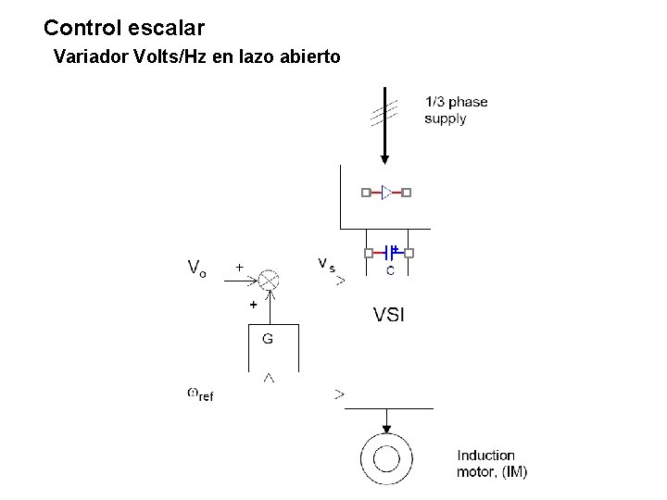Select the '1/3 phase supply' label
[x=456, y=110]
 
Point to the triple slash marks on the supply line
[x=384, y=113]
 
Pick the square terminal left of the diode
[x=366, y=193]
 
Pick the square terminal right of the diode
[x=406, y=193]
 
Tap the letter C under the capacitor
[x=390, y=270]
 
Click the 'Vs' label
[x=326, y=265]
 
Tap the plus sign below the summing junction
[x=251, y=304]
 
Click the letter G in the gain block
[x=268, y=339]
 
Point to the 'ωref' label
[x=199, y=394]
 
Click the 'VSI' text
[x=389, y=316]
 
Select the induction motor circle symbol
[x=386, y=459]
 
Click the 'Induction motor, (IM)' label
[x=492, y=463]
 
